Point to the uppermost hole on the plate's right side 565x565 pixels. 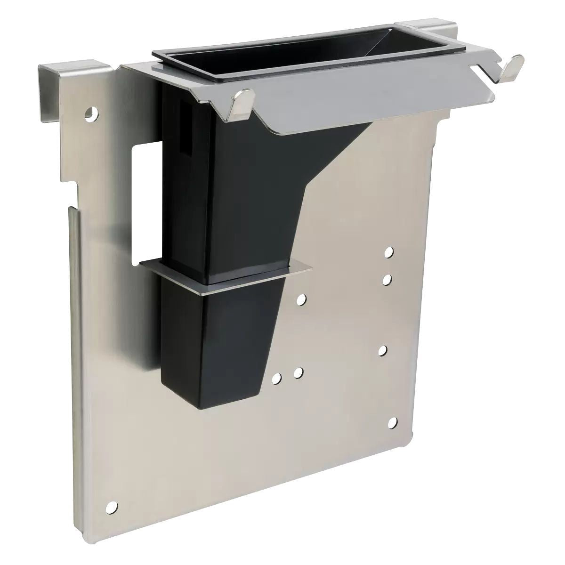point(388,253)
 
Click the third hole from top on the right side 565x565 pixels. point(383,350)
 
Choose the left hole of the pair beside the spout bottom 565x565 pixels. point(278,378)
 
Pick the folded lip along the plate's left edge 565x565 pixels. point(77,330)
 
